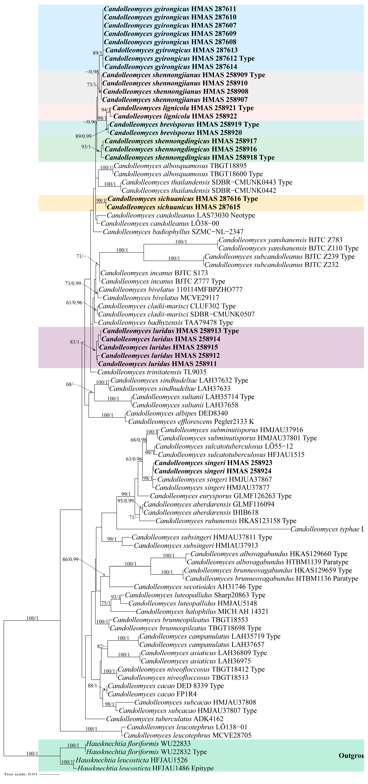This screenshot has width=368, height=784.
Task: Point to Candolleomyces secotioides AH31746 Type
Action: pos(198,587)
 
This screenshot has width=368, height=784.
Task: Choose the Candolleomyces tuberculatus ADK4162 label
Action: pos(164,719)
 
